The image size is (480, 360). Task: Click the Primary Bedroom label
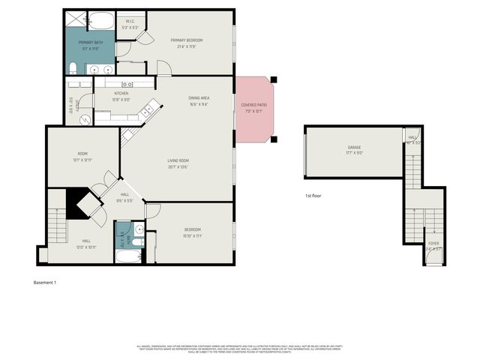point(187,40)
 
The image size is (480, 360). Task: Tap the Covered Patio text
point(253,106)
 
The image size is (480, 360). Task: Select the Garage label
point(355,148)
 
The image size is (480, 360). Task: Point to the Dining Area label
point(199,98)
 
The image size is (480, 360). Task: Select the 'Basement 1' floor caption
point(45,283)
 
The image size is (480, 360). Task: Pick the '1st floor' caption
point(313,195)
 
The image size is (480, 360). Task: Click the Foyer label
point(433,244)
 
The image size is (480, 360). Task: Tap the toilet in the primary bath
point(71,69)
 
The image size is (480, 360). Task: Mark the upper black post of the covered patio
point(274,79)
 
